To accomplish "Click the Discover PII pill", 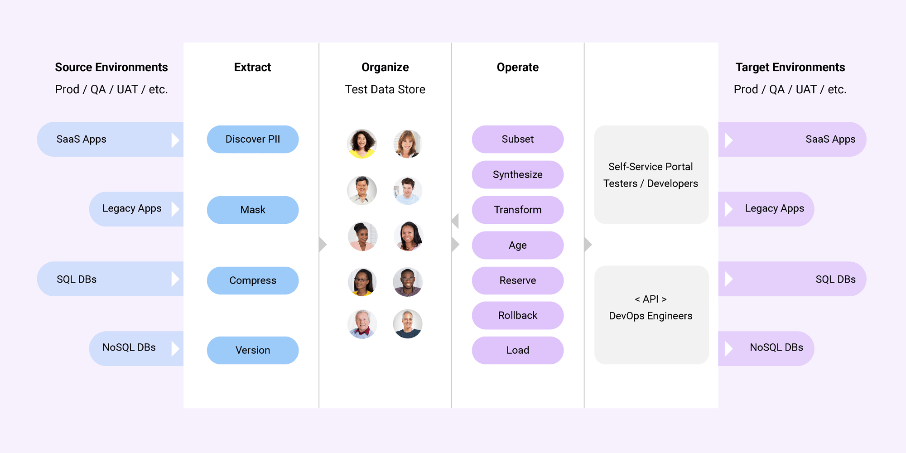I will (x=253, y=139).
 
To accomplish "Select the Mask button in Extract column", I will (x=253, y=210).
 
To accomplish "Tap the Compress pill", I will (x=253, y=280).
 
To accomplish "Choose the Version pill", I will (x=253, y=350).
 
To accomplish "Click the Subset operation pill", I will (x=517, y=139).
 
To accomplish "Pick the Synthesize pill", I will (x=517, y=174).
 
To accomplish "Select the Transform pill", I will (x=517, y=210).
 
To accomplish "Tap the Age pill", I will (x=517, y=245).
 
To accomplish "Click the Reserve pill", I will (x=517, y=280).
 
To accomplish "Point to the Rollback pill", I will (x=517, y=315).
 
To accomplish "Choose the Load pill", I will (x=517, y=350).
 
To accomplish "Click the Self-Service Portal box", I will (x=651, y=174).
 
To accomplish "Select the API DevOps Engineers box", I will (x=651, y=314).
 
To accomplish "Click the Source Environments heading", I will (x=111, y=67).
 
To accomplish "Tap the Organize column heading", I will (x=385, y=67).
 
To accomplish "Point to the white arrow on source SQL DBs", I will (x=175, y=279).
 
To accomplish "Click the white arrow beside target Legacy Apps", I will (x=728, y=209).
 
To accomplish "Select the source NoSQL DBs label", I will (x=129, y=347).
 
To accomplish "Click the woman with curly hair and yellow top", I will (x=361, y=144).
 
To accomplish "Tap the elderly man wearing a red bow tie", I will (x=362, y=324).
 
